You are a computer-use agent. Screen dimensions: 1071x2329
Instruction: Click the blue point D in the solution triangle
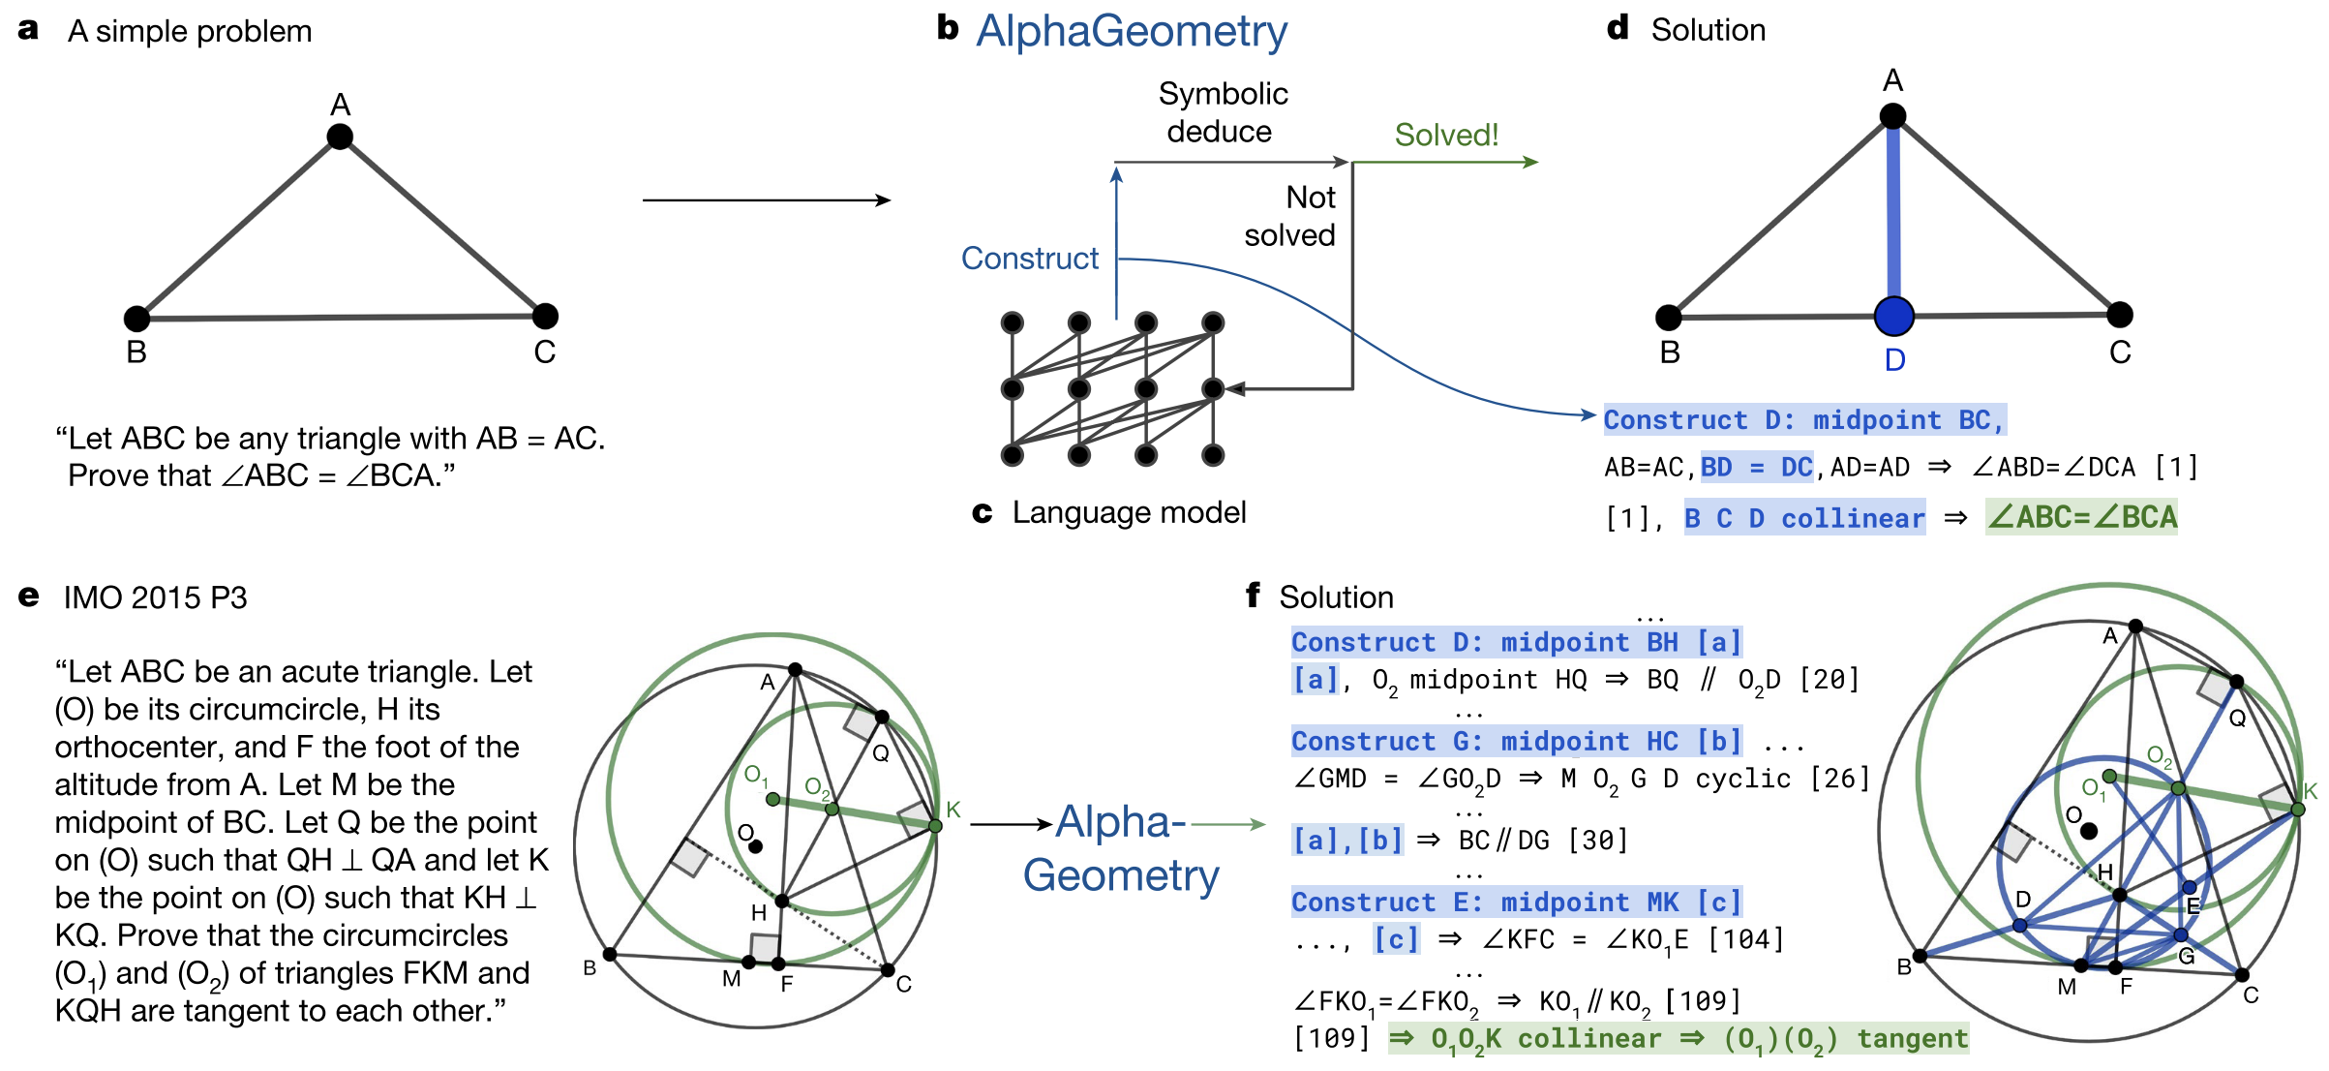(x=1893, y=316)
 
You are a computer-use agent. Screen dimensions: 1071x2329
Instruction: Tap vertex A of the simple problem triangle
(x=340, y=137)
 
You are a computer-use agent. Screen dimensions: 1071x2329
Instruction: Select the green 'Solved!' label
(x=1446, y=135)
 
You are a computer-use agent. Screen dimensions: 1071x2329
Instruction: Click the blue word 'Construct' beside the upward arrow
(x=1029, y=259)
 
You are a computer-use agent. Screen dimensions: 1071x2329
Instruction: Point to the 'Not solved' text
(x=1290, y=216)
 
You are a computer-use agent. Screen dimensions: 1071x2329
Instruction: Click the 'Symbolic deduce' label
(x=1222, y=112)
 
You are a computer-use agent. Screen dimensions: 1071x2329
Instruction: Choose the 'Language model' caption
(x=1129, y=512)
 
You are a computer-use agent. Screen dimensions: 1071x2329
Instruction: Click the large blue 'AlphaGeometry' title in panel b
(x=1131, y=32)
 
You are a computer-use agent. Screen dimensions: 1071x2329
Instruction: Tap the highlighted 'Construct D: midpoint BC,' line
(x=1803, y=420)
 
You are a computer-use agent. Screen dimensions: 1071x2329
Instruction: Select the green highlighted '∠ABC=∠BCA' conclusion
(x=2081, y=517)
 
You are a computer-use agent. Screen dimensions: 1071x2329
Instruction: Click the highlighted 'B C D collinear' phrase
(x=1804, y=518)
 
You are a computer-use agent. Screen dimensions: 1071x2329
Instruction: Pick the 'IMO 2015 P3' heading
(x=155, y=597)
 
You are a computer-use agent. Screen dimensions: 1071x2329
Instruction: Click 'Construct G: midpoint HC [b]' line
(x=1516, y=742)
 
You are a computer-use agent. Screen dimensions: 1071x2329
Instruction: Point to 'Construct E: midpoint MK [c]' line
(x=1516, y=903)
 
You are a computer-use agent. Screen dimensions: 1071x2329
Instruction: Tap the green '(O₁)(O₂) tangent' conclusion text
(x=1845, y=1039)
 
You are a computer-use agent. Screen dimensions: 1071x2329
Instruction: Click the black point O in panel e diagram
(x=756, y=846)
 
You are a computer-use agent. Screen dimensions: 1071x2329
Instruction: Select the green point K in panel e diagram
(x=935, y=826)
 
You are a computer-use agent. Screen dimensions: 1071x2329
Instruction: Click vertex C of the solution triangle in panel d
(x=2120, y=315)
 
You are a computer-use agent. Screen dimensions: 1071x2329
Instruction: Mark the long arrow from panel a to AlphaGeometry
(x=766, y=200)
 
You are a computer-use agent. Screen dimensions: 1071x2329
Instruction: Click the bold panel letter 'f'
(x=1254, y=596)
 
